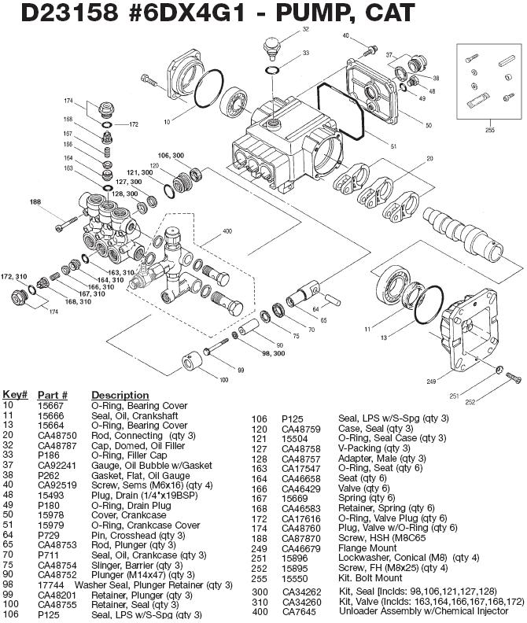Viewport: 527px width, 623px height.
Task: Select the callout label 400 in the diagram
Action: [228, 232]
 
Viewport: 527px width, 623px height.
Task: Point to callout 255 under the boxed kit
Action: [491, 129]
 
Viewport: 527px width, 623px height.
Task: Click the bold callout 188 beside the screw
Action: [35, 202]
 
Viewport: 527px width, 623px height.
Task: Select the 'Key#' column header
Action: [15, 395]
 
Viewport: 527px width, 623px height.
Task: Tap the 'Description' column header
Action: [120, 395]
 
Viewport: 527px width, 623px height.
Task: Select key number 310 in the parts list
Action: [260, 602]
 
